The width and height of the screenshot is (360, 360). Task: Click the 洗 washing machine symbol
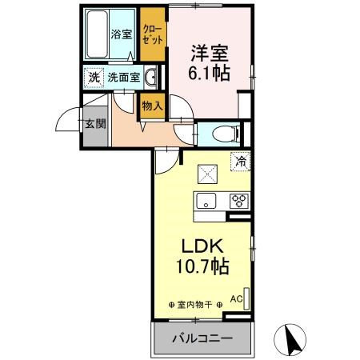pyautogui.click(x=94, y=78)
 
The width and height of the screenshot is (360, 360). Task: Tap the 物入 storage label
pyautogui.click(x=152, y=104)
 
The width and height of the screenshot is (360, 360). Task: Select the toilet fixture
pyautogui.click(x=220, y=134)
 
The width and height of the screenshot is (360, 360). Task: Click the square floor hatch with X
pyautogui.click(x=207, y=173)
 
